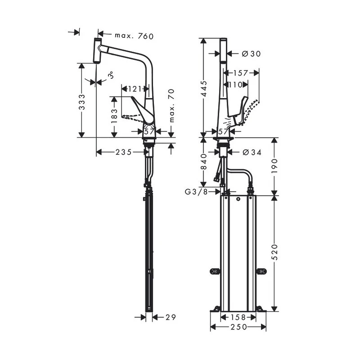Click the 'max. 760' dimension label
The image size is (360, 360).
127,35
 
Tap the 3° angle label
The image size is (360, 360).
110,77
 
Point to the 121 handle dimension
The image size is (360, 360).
135,88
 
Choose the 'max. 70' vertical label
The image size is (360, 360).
171,106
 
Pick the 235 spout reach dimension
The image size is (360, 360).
122,152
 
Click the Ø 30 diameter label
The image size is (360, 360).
251,54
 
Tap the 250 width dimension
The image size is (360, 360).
238,327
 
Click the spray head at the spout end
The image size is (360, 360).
96,50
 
